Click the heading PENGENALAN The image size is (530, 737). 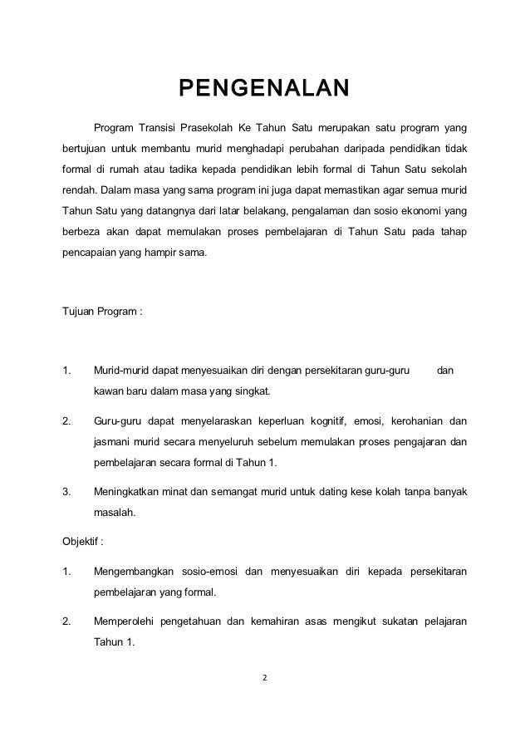coord(265,88)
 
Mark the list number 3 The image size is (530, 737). coord(66,493)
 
